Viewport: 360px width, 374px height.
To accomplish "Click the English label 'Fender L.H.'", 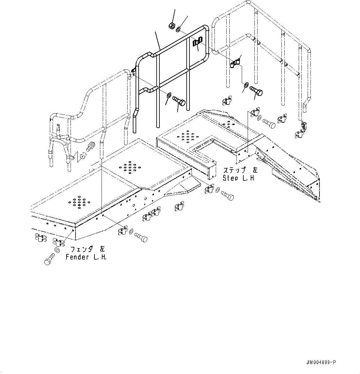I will click(86, 257).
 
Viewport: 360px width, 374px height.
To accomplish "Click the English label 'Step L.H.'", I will click(239, 178).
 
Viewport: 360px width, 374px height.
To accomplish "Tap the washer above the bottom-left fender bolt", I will click(57, 250).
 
